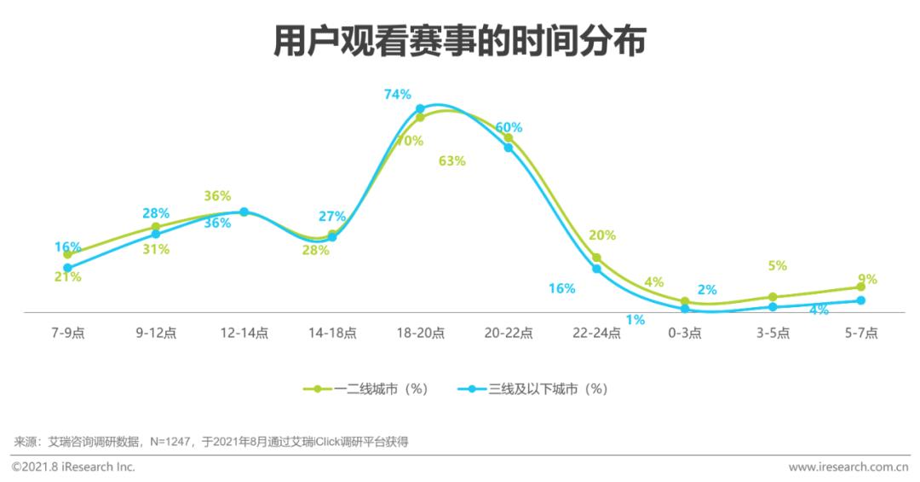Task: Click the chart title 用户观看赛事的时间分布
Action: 459,41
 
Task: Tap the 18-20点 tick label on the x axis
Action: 420,334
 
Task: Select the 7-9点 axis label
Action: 67,334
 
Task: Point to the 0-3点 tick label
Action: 685,334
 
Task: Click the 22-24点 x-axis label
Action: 596,334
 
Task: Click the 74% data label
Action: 398,95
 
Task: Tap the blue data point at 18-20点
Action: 420,109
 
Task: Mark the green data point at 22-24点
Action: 596,258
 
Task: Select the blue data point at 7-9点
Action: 67,268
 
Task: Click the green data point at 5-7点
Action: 861,287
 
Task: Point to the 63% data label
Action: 451,160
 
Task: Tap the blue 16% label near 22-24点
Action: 561,288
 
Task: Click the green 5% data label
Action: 777,265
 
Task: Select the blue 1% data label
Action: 635,320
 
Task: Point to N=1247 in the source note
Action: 170,442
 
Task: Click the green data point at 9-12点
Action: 156,228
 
